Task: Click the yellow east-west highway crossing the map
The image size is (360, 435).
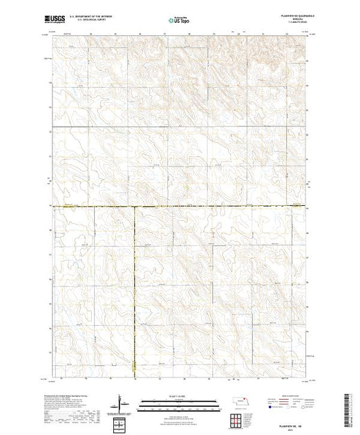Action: [207, 206]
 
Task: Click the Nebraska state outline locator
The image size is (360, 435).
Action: [239, 402]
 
